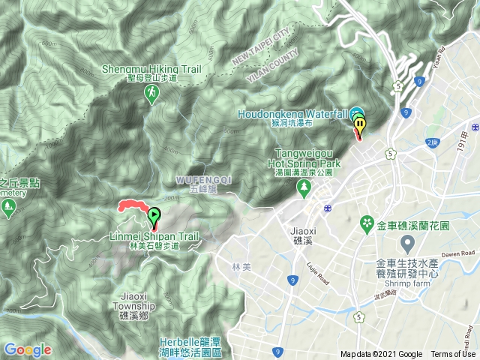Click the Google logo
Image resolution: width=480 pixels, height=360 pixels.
(x=27, y=349)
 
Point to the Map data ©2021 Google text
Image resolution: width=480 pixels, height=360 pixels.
(x=381, y=354)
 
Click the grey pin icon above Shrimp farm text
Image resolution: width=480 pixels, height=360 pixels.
(x=407, y=244)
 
